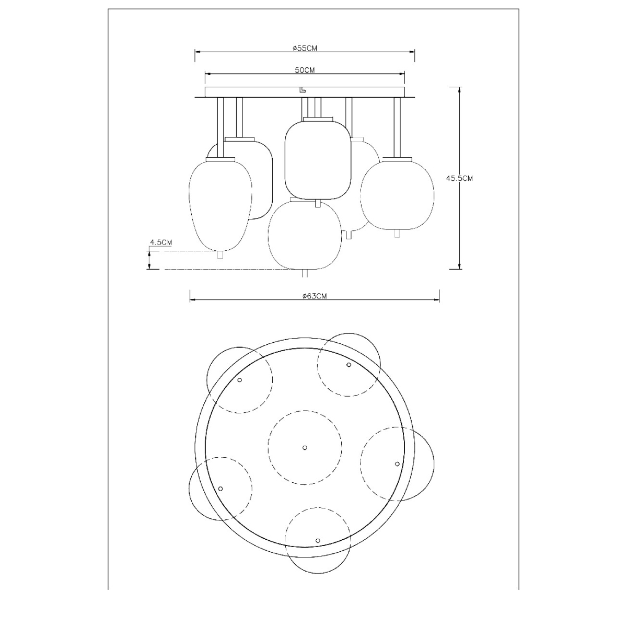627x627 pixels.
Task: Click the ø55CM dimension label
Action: pyautogui.click(x=305, y=48)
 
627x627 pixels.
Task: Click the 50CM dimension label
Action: pyautogui.click(x=305, y=69)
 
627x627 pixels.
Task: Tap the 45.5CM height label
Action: pyautogui.click(x=459, y=178)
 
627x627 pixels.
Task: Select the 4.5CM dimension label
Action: pyautogui.click(x=161, y=242)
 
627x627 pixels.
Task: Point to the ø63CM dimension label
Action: pyautogui.click(x=315, y=296)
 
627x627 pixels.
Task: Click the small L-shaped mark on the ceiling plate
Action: pyautogui.click(x=303, y=88)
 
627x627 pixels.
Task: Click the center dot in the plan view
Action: pyautogui.click(x=305, y=447)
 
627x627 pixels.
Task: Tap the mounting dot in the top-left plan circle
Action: pyautogui.click(x=240, y=380)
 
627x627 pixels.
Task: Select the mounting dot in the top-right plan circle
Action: pyautogui.click(x=349, y=365)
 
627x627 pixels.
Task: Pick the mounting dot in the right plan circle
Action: pyautogui.click(x=397, y=463)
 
